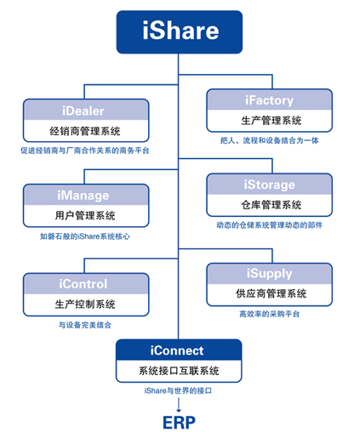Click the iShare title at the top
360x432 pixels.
click(x=180, y=30)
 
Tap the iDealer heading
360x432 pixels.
click(x=83, y=111)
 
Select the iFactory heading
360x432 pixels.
click(x=269, y=100)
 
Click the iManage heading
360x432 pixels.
click(x=83, y=196)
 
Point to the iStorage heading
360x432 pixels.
click(x=269, y=185)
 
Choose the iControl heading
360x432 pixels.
click(x=83, y=284)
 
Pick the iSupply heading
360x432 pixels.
click(x=269, y=274)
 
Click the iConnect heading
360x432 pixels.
click(x=177, y=350)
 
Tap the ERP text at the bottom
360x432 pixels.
click(x=179, y=423)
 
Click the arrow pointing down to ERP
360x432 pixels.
click(x=179, y=405)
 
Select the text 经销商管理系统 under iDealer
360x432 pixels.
click(x=85, y=131)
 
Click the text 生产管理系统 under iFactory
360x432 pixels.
click(x=271, y=121)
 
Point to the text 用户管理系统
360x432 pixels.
click(x=85, y=216)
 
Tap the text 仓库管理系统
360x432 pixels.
click(x=271, y=205)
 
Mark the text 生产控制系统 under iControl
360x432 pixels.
click(x=85, y=304)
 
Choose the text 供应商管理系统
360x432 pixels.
click(x=271, y=293)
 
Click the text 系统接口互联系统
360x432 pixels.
click(x=179, y=371)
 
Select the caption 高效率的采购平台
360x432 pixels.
click(x=270, y=314)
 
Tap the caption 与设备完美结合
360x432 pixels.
click(x=85, y=325)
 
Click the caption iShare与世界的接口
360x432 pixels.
click(x=178, y=390)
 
